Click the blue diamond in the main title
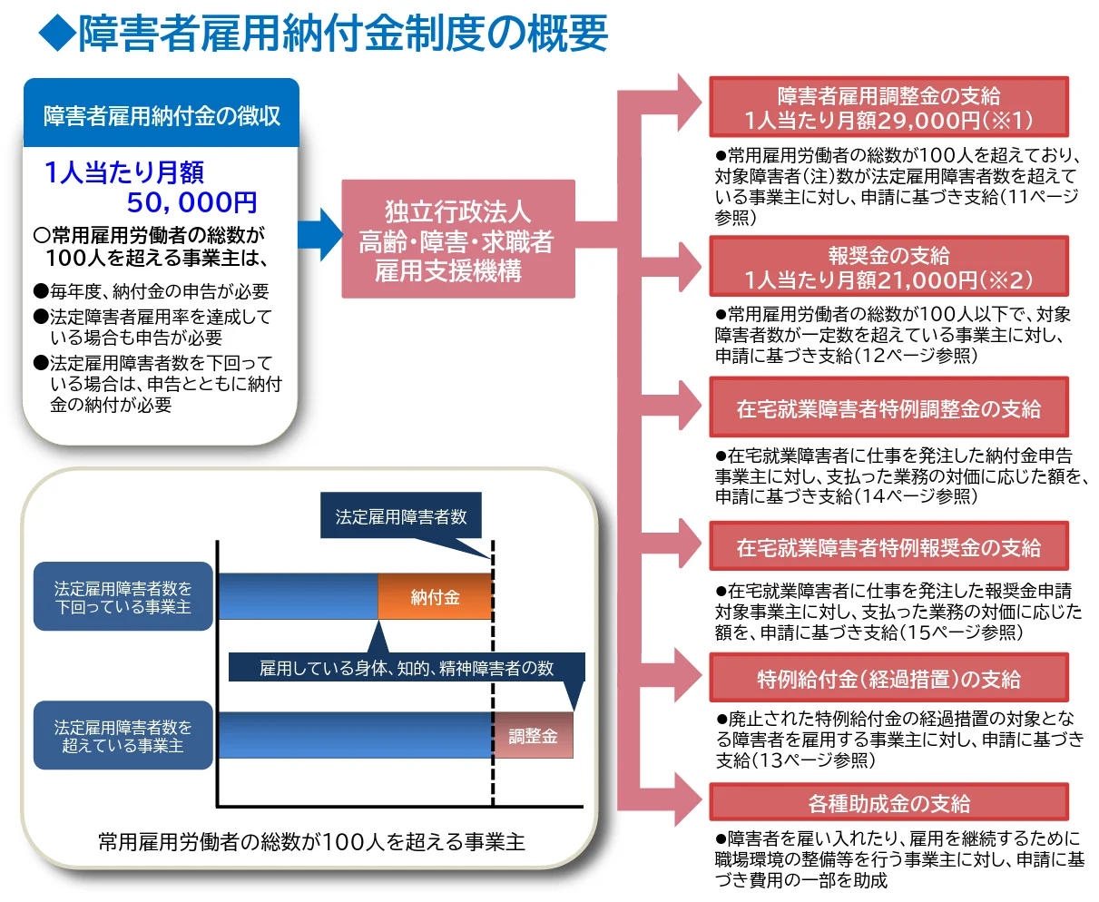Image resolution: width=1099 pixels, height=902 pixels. pyautogui.click(x=55, y=34)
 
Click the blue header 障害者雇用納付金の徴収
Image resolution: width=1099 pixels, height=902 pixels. pyautogui.click(x=162, y=115)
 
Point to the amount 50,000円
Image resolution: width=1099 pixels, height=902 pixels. pyautogui.click(x=191, y=201)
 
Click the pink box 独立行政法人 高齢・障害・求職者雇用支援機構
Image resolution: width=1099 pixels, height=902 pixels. pyautogui.click(x=457, y=240)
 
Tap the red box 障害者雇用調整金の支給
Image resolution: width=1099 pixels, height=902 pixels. pyautogui.click(x=888, y=107)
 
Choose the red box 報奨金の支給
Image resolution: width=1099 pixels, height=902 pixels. pyautogui.click(x=888, y=267)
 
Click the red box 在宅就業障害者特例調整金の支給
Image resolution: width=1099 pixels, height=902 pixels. pyautogui.click(x=888, y=407)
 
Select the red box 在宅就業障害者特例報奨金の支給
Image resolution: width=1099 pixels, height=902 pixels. pyautogui.click(x=888, y=546)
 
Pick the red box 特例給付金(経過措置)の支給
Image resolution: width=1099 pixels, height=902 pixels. pyautogui.click(x=888, y=678)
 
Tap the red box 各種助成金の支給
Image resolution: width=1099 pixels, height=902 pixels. pyautogui.click(x=888, y=802)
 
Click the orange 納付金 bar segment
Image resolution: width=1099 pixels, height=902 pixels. pyautogui.click(x=435, y=597)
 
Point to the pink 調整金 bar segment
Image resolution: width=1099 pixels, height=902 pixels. pyautogui.click(x=533, y=736)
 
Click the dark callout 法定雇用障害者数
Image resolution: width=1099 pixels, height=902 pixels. pyautogui.click(x=401, y=516)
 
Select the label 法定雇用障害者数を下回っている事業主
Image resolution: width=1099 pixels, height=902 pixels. pyautogui.click(x=123, y=597)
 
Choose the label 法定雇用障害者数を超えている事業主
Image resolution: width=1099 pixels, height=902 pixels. pyautogui.click(x=123, y=736)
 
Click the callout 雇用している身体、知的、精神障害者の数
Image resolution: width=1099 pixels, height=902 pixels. pyautogui.click(x=406, y=668)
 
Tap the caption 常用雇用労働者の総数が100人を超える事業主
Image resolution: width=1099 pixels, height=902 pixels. pyautogui.click(x=311, y=841)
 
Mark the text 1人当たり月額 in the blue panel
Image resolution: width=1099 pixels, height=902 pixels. pyautogui.click(x=124, y=172)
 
